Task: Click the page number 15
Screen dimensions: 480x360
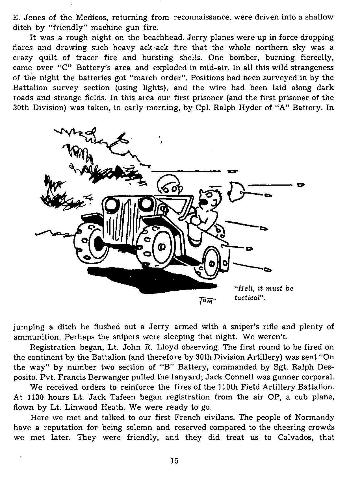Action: [174, 461]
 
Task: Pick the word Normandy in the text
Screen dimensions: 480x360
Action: [314, 417]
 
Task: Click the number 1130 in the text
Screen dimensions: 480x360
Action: [35, 397]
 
